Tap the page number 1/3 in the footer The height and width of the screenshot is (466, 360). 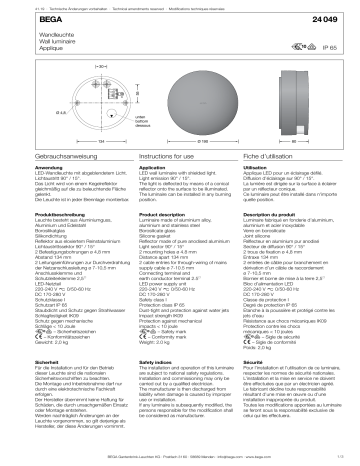coord(349,459)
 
